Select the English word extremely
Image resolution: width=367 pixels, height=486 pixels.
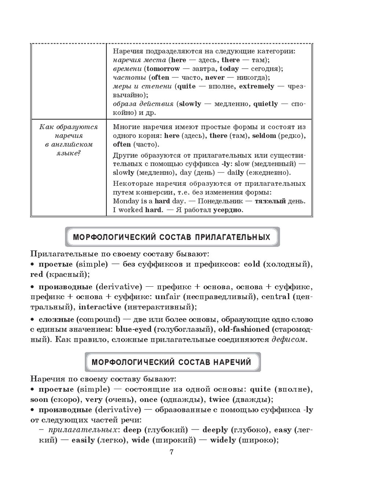click(x=257, y=86)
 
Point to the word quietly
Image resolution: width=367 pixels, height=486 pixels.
click(x=265, y=104)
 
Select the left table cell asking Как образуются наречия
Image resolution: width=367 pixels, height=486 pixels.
click(x=69, y=140)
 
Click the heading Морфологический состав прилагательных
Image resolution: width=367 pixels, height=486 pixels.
click(x=172, y=237)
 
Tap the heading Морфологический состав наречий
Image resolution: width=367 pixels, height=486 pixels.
click(x=171, y=362)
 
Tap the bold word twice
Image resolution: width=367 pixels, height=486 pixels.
click(x=219, y=399)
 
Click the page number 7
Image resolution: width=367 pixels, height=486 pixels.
click(x=171, y=452)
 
